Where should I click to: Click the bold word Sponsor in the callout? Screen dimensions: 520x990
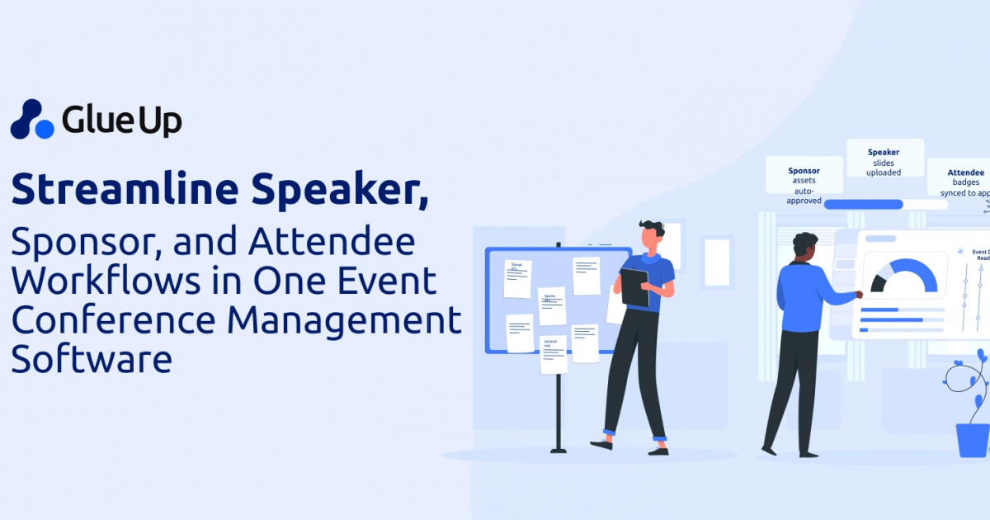click(804, 171)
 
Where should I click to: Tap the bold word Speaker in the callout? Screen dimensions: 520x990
click(884, 152)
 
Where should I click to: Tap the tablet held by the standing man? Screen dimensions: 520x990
click(634, 287)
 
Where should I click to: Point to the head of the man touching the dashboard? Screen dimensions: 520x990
click(805, 245)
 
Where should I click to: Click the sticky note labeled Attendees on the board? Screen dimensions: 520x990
click(553, 354)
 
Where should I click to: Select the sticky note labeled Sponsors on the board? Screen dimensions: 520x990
click(551, 305)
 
